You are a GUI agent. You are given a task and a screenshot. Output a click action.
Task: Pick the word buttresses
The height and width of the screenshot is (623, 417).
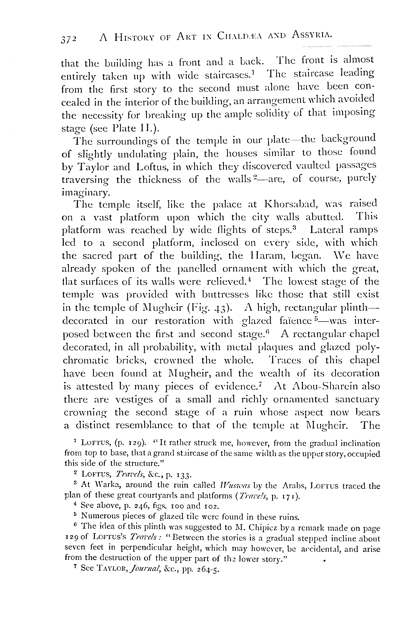tap(225, 295)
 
